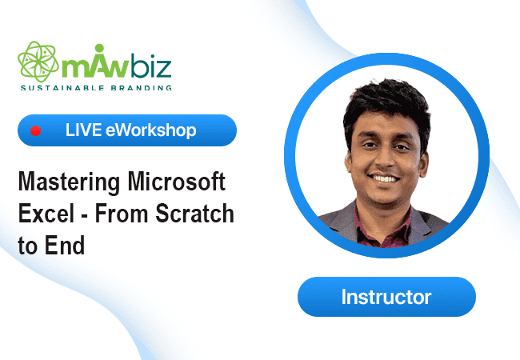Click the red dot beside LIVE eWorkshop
tap(36, 130)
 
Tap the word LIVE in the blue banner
tap(83, 130)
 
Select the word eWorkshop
tap(151, 130)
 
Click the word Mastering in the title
tap(69, 182)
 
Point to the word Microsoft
tap(177, 181)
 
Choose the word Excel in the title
tap(46, 213)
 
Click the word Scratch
tap(194, 213)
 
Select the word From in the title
tap(122, 213)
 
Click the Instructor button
tap(386, 297)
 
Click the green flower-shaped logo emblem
tap(38, 62)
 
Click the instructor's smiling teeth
tap(386, 179)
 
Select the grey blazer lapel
tap(342, 222)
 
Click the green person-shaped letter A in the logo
tap(99, 62)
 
